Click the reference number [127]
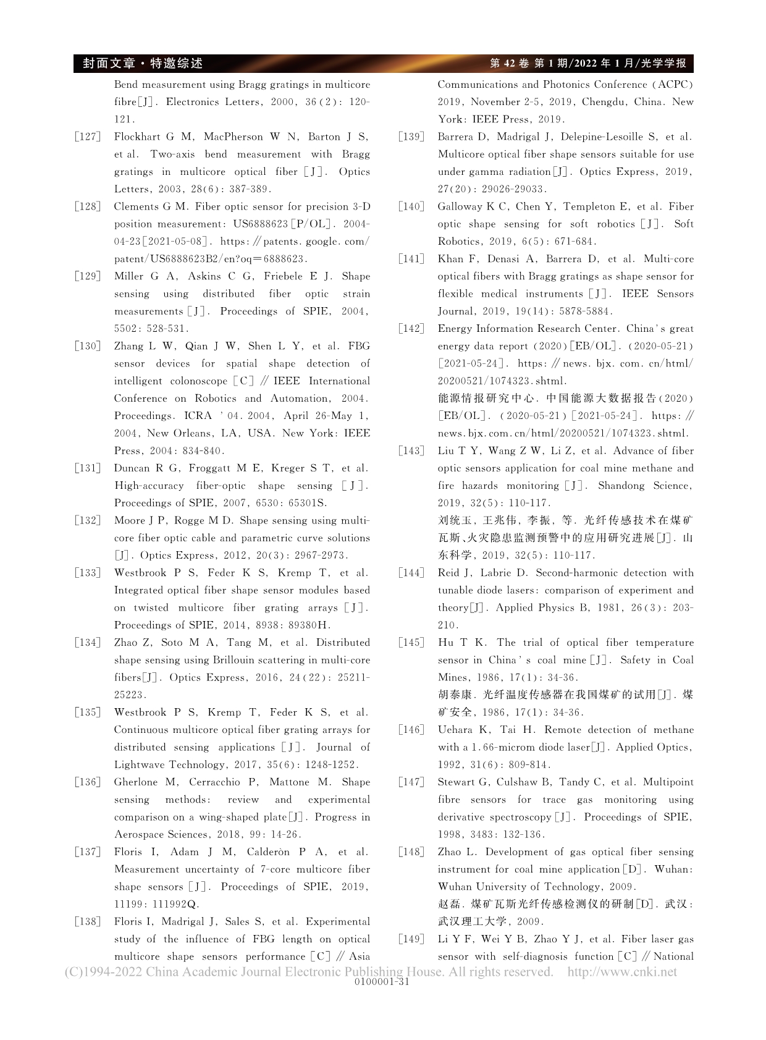(x=87, y=137)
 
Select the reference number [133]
(x=87, y=573)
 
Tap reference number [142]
(x=411, y=329)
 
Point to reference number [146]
(x=411, y=730)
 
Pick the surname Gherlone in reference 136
(x=136, y=782)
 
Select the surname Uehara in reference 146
(x=456, y=730)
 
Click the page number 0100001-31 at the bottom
(x=383, y=982)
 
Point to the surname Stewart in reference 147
(x=457, y=782)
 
